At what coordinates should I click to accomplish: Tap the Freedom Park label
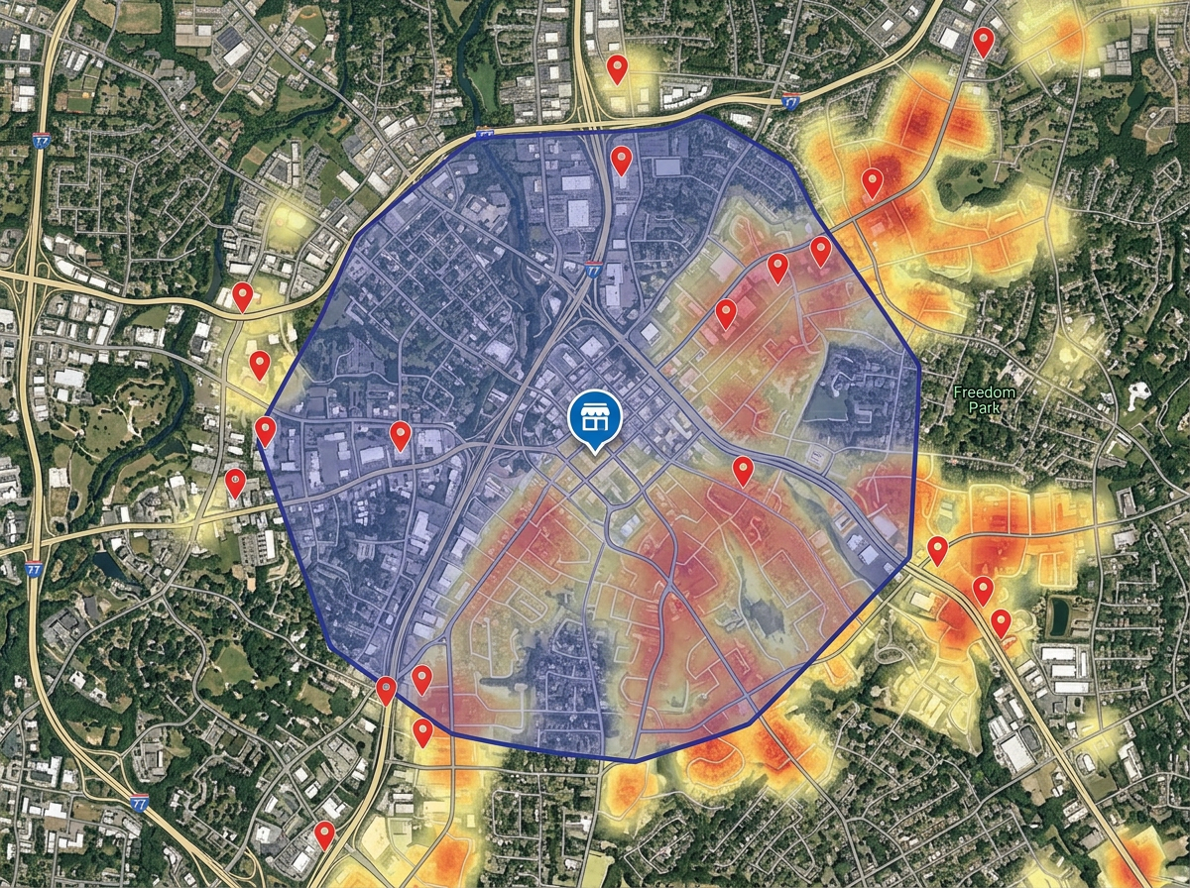tap(985, 399)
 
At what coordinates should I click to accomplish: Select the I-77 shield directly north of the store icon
tap(593, 269)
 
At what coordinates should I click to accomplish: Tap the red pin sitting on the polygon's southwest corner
tap(387, 690)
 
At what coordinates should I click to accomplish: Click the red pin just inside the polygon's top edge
tap(621, 160)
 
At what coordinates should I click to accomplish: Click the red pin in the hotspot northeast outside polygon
tap(872, 182)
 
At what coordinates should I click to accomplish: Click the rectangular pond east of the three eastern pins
tap(1058, 616)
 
